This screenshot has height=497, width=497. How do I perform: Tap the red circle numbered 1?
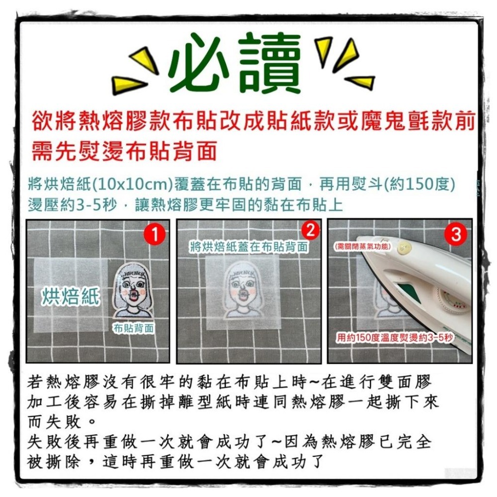(x=156, y=235)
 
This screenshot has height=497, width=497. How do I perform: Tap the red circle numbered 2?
(x=310, y=231)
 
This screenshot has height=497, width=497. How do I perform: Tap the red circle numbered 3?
(x=456, y=235)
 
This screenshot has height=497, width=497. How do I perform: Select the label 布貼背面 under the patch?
(x=134, y=329)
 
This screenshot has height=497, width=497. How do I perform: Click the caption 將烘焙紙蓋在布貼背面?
(x=248, y=247)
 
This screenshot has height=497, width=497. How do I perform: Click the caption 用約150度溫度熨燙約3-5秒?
(x=395, y=338)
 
